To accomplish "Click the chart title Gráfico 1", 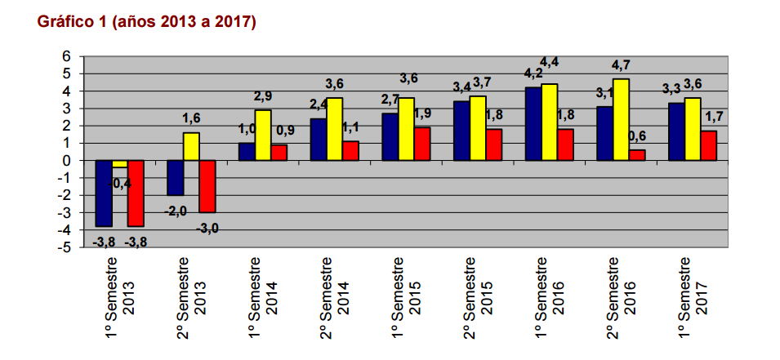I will [147, 22].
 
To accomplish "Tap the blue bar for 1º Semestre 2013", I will [104, 193].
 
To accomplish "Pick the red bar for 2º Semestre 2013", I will [207, 186].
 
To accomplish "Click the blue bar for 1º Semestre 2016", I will [533, 123].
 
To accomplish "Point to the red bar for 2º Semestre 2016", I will [637, 155].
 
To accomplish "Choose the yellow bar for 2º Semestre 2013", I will [191, 146].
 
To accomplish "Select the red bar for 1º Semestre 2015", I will [421, 144].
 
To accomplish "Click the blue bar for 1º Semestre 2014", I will [247, 152].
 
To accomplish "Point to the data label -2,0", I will [175, 211].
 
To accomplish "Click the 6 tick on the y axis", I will [67, 56].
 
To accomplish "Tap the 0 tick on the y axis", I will [67, 161].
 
